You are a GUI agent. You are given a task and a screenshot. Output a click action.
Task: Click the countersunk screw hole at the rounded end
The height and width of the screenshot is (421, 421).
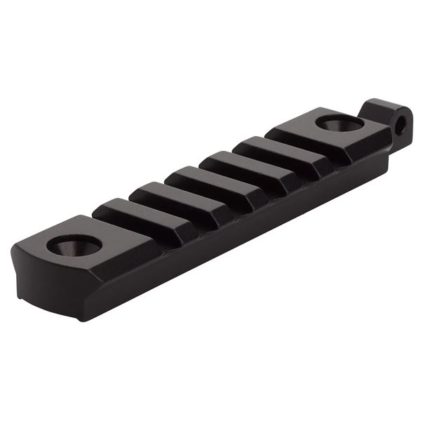pos(73,246)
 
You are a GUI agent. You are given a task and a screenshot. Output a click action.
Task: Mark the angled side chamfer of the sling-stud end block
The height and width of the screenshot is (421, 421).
pos(372,151)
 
